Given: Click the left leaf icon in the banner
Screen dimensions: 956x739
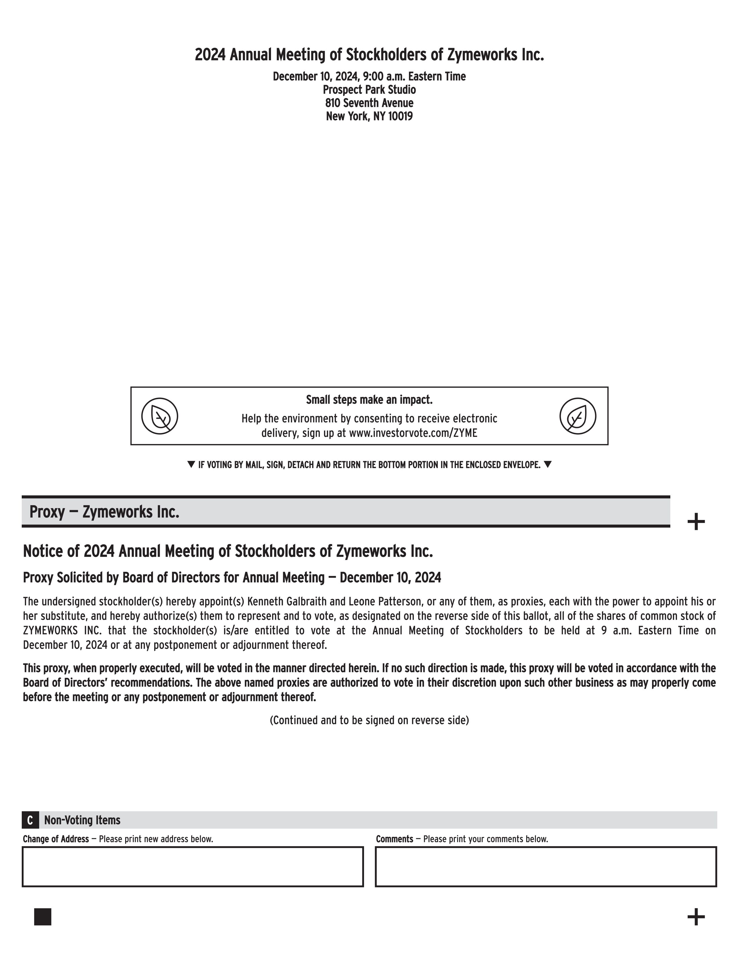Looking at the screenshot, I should point(159,416).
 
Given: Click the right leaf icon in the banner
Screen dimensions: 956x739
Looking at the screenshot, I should point(578,416).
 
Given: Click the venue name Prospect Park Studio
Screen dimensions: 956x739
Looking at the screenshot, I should point(369,90).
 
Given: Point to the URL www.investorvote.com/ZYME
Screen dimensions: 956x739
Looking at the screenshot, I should point(413,433).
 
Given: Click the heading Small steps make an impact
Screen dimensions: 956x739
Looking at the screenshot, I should point(369,400).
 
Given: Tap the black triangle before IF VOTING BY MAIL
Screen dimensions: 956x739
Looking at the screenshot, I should point(191,464).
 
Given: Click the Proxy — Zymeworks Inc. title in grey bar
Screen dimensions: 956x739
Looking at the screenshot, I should point(104,512).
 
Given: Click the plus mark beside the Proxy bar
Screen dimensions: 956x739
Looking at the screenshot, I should point(696,522).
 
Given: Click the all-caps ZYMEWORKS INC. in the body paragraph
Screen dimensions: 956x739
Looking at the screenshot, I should point(61,631).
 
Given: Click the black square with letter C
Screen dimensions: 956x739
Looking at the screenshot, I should point(30,820).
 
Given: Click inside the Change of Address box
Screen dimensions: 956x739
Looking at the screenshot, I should point(193,867).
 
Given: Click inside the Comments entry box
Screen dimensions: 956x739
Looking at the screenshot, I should point(545,867).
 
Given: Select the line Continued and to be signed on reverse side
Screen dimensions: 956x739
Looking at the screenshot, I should point(369,720).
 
